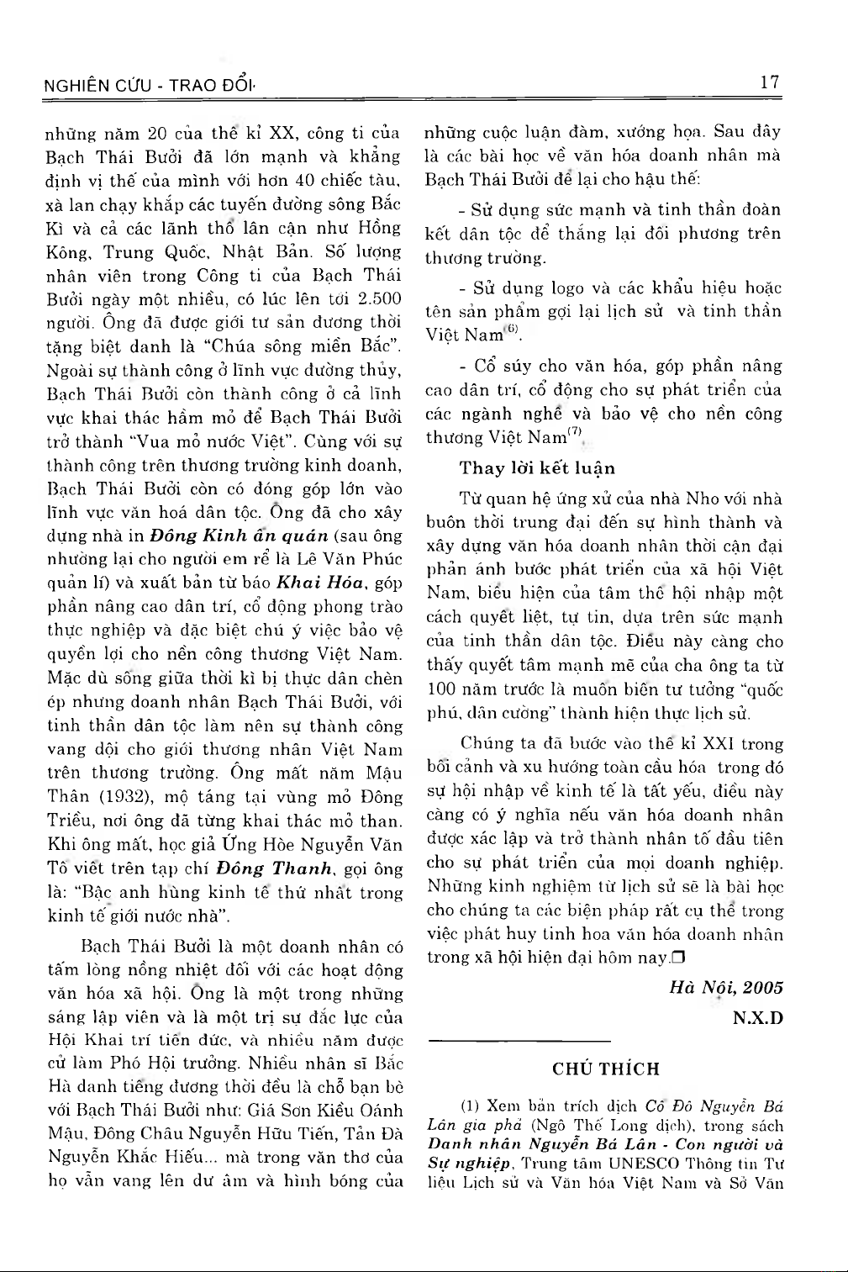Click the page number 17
coord(769,82)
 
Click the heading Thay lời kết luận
coord(537,468)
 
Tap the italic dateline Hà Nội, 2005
coord(726,987)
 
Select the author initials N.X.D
coord(757,1018)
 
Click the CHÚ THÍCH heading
coord(605,1069)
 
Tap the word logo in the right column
coord(569,288)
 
